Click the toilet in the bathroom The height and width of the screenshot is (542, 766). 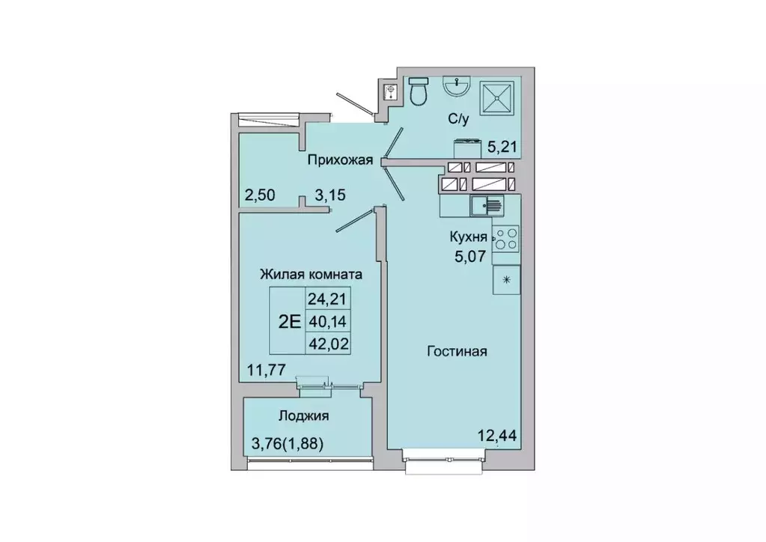(419, 91)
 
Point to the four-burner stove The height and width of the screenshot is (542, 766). (505, 237)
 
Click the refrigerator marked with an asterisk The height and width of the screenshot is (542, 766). (505, 279)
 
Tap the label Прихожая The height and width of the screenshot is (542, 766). (339, 159)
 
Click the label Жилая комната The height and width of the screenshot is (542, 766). (311, 275)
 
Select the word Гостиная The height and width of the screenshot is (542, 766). (458, 351)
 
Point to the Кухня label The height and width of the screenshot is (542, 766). (468, 237)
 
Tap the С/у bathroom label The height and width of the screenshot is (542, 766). (459, 118)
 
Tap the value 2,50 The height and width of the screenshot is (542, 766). (260, 196)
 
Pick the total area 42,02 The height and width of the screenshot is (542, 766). (329, 344)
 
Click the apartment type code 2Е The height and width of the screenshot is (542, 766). (289, 322)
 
